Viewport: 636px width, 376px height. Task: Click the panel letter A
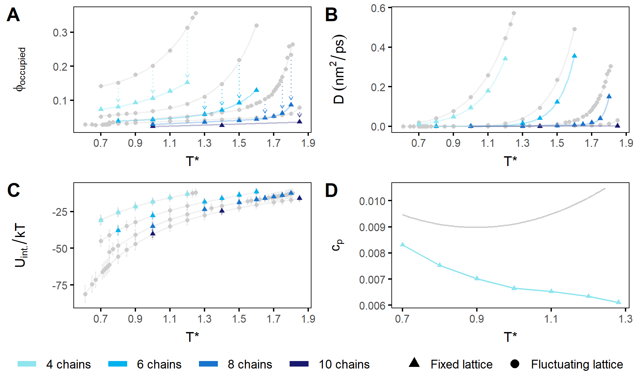coord(13,15)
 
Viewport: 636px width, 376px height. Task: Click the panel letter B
coord(331,15)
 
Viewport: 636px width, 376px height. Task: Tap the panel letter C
coord(13,191)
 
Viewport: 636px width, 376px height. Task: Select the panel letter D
coord(331,191)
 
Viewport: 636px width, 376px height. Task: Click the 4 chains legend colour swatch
coord(27,364)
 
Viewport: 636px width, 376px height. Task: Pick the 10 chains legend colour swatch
coord(299,364)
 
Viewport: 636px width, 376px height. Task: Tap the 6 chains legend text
coord(159,365)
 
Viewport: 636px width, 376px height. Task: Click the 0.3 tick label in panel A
coord(60,33)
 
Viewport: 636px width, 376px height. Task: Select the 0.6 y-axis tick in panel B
coord(378,8)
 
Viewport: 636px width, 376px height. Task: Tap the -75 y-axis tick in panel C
coord(60,285)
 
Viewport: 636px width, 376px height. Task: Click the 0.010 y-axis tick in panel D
coord(372,201)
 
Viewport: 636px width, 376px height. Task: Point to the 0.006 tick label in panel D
coord(372,306)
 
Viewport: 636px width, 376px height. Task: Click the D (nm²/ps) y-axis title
coord(339,69)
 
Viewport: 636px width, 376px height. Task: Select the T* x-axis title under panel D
coord(510,337)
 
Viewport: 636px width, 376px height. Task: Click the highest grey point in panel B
coord(514,13)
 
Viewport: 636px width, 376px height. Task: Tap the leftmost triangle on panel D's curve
coord(402,244)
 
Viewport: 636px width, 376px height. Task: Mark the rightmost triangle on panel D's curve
coord(618,302)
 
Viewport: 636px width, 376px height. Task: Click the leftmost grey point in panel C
coord(85,294)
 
